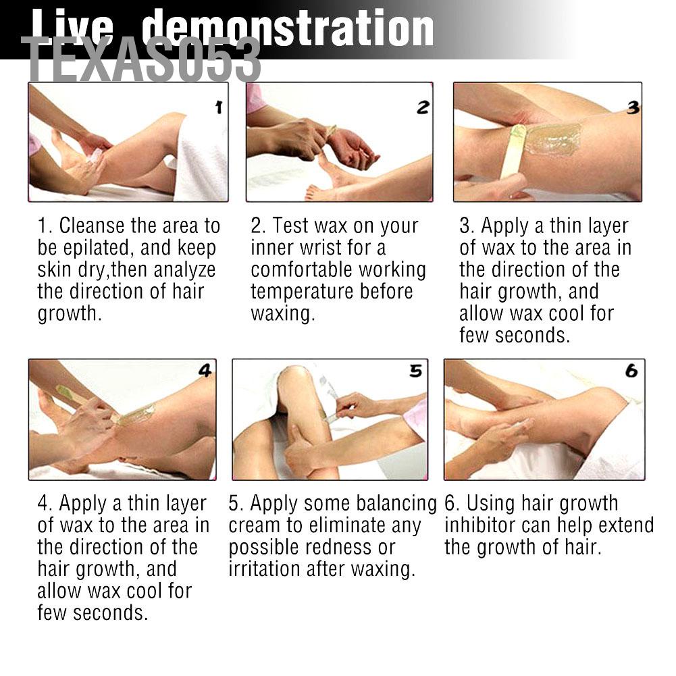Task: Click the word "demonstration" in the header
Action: pyautogui.click(x=288, y=28)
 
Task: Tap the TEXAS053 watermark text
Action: pyautogui.click(x=141, y=59)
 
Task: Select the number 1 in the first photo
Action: pyautogui.click(x=219, y=107)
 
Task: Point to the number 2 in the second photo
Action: pyautogui.click(x=423, y=107)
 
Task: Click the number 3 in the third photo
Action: pyautogui.click(x=633, y=107)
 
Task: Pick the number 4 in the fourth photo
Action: pyautogui.click(x=205, y=371)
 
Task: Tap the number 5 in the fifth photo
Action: pyautogui.click(x=415, y=371)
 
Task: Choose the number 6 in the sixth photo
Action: pyautogui.click(x=631, y=371)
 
